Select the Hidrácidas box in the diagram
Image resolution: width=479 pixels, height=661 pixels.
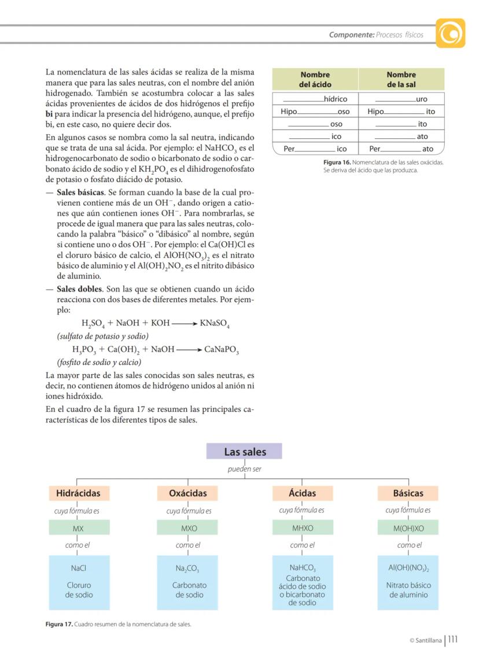coord(78,493)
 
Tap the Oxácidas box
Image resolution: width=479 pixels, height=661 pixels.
coord(187,493)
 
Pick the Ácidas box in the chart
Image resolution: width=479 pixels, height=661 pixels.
coord(302,493)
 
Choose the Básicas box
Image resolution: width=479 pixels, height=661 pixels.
coord(408,493)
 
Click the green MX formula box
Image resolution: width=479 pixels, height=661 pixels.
coord(78,528)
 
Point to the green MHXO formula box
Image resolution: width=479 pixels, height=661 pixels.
coord(302,528)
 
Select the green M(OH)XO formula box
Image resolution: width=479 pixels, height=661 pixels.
coord(408,528)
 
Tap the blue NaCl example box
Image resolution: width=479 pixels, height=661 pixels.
coord(78,582)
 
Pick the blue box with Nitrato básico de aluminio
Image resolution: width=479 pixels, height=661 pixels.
coord(408,582)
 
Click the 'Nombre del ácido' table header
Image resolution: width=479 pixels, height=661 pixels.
coord(315,79)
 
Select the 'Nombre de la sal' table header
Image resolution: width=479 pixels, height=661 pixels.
coord(401,79)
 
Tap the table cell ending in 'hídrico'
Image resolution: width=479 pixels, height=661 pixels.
coord(315,99)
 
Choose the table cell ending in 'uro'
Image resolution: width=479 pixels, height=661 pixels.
coord(401,99)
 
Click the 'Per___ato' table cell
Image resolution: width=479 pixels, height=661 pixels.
coord(401,149)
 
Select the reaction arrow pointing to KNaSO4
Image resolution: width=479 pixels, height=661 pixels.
coord(184,323)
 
